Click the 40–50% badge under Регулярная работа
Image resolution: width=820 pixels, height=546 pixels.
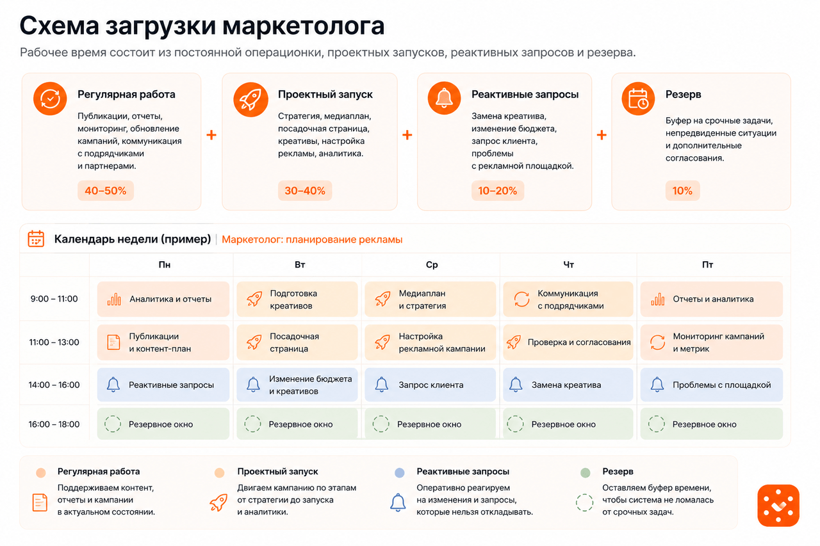[106, 191]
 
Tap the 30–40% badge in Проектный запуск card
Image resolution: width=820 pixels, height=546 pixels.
[305, 191]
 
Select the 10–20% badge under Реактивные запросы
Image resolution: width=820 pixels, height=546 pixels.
[498, 191]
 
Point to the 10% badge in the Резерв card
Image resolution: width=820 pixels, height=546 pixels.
[682, 191]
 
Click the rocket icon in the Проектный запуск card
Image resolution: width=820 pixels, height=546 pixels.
[250, 99]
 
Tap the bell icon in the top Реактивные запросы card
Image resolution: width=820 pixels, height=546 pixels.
[444, 99]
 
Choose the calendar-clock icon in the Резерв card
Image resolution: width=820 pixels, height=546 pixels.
[638, 99]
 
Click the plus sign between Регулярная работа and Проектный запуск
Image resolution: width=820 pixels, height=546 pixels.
[211, 135]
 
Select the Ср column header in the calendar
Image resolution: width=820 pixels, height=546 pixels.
[432, 265]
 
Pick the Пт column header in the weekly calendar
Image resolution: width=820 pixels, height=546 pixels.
[707, 265]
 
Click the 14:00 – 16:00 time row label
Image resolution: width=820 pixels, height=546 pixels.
[54, 385]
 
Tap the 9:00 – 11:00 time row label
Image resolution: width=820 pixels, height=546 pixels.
[54, 299]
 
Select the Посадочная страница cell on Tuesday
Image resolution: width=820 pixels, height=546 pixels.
[297, 342]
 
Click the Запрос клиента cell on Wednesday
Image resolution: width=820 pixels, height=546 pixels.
[430, 385]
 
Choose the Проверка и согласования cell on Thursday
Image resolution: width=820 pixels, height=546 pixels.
[568, 342]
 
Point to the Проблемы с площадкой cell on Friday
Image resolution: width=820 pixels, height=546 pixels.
[712, 385]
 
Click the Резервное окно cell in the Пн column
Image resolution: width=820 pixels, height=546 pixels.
[163, 424]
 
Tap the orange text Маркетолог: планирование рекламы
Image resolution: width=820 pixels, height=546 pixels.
[312, 239]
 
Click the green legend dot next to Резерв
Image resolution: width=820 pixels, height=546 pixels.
[586, 472]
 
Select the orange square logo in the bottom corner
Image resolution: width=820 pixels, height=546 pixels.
[778, 506]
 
